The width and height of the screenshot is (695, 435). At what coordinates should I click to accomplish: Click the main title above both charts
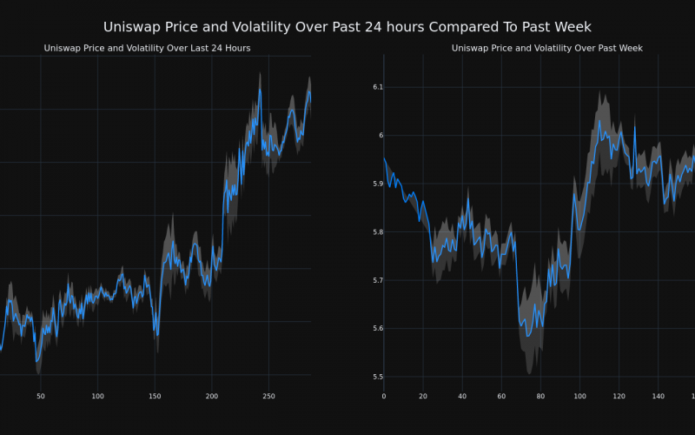click(347, 27)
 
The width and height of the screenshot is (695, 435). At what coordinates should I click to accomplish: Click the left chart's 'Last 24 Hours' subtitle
click(147, 48)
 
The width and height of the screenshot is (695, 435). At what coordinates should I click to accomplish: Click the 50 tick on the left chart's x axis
click(40, 396)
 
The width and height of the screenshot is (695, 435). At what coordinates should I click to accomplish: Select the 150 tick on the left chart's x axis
click(155, 396)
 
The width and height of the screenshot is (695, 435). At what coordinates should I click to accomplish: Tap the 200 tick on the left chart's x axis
click(212, 396)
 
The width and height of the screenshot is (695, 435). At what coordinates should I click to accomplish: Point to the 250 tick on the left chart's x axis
click(268, 396)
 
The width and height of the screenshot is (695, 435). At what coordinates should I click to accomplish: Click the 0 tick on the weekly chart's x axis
click(384, 396)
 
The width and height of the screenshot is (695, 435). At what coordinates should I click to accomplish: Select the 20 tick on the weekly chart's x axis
click(423, 396)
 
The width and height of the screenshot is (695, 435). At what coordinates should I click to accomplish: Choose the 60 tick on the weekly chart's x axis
click(501, 396)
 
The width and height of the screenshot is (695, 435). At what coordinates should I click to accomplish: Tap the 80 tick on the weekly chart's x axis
click(540, 396)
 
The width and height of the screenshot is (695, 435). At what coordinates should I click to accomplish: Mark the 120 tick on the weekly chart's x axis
click(619, 396)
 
